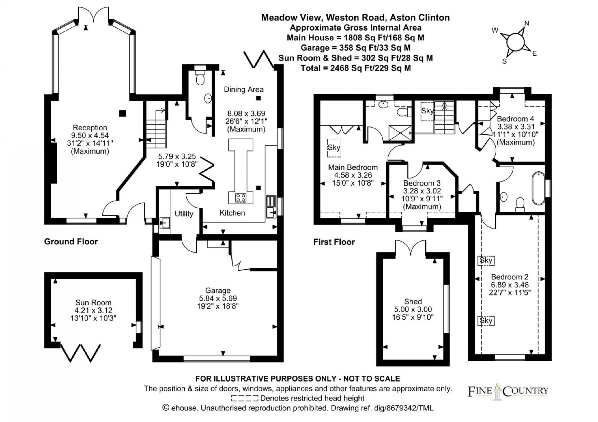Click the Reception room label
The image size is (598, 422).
(90, 127)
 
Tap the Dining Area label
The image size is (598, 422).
(243, 89)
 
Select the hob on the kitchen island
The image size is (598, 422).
(241, 198)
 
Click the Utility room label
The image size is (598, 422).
(184, 214)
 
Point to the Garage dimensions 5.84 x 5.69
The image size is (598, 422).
(218, 298)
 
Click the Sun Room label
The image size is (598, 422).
(93, 302)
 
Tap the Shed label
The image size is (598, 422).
(413, 301)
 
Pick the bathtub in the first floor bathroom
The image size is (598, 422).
(539, 188)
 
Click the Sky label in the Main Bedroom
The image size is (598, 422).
(334, 148)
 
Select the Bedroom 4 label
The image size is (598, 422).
(515, 119)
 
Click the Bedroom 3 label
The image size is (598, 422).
(422, 183)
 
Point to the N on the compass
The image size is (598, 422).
(527, 24)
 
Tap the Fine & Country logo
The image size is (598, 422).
(508, 391)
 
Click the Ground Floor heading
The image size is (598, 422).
(71, 241)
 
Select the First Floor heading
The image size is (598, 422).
(334, 242)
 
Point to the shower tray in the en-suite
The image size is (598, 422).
(399, 133)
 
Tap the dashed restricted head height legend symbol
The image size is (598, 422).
(244, 398)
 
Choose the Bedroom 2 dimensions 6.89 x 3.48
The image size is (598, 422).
(510, 285)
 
